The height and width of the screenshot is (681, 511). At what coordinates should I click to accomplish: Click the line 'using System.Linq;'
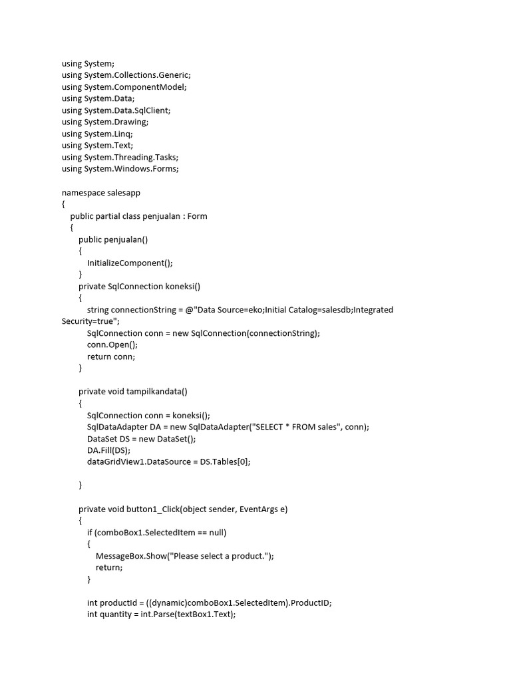[x=97, y=134]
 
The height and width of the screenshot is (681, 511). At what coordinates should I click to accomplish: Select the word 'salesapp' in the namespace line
[x=124, y=192]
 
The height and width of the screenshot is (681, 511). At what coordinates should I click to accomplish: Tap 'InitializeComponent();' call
[x=130, y=263]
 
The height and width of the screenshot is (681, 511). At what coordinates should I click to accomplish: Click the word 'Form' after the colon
[x=198, y=216]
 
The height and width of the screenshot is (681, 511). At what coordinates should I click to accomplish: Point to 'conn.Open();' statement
[x=112, y=344]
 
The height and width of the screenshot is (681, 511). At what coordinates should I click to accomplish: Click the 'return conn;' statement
[x=111, y=356]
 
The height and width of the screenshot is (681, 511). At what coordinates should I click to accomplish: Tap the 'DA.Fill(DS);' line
[x=109, y=450]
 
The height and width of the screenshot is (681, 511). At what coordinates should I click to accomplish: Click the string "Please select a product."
[x=222, y=556]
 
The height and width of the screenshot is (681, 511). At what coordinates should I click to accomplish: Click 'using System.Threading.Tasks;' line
[x=120, y=157]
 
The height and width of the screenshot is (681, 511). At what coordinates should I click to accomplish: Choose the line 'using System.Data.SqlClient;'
[x=121, y=110]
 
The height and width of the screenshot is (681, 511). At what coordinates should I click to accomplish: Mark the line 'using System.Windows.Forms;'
[x=120, y=169]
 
